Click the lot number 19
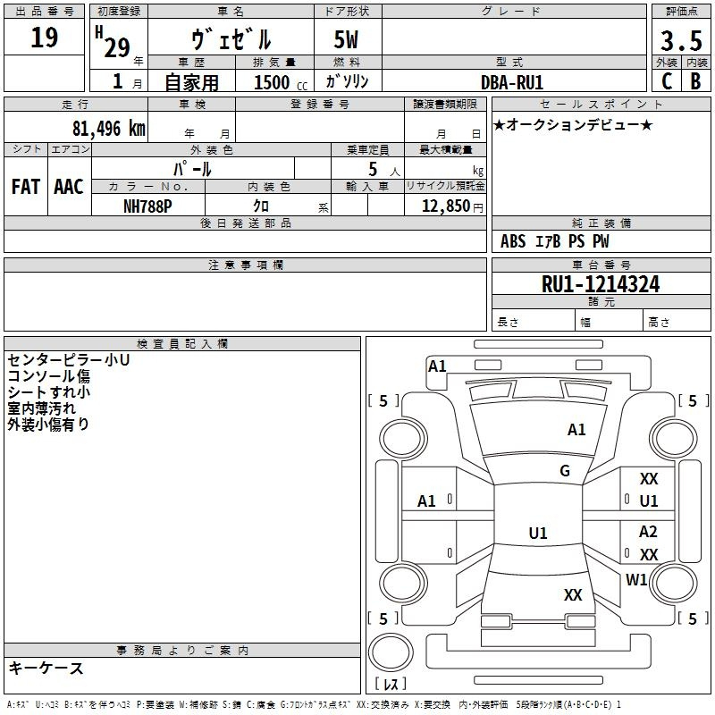point(44,38)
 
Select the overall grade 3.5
point(681,40)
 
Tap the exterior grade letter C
point(667,81)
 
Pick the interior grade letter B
point(695,81)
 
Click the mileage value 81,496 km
point(108,129)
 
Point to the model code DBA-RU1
point(512,82)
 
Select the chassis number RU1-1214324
point(601,284)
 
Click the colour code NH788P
point(147,206)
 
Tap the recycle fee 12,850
point(445,206)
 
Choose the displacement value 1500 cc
point(281,82)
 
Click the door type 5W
point(346,39)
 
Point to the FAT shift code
point(26,187)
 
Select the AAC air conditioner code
point(69,187)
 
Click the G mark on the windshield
point(565,471)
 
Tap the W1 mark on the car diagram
point(636,579)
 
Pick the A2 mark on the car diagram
point(648,532)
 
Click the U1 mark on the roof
point(538,533)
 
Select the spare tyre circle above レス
point(391,652)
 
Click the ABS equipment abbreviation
point(513,241)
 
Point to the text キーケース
point(46,668)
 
